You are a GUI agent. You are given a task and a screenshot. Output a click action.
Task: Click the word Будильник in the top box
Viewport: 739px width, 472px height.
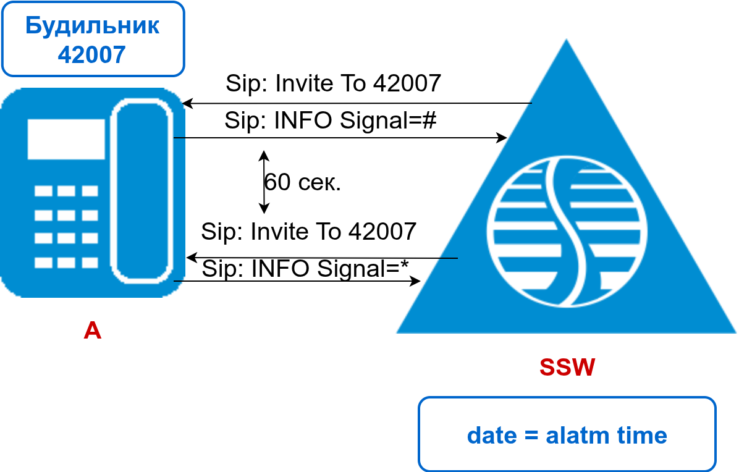coord(92,26)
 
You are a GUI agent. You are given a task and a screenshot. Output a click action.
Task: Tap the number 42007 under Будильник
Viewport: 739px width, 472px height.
coord(92,54)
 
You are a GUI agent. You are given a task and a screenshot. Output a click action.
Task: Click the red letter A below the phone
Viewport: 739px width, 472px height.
coord(92,331)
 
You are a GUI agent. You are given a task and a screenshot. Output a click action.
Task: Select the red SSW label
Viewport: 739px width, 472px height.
coord(567,368)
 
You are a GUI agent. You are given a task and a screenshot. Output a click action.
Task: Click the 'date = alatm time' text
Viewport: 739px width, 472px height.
coord(567,436)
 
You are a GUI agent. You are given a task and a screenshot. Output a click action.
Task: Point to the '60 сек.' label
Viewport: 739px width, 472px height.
coord(303,182)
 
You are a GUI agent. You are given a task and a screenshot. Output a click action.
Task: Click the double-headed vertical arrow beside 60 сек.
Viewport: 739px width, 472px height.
coord(264,182)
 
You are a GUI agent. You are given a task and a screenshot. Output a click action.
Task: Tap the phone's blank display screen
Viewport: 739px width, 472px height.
coord(65,139)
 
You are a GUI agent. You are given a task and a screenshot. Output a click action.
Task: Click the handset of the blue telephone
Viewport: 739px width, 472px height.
coord(141,192)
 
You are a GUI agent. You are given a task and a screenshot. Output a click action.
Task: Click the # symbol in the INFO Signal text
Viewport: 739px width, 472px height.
coord(429,120)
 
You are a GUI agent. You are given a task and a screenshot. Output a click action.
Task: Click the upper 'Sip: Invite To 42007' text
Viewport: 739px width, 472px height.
coord(333,83)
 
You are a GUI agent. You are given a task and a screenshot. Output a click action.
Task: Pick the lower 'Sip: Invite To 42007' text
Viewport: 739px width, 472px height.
coord(308,232)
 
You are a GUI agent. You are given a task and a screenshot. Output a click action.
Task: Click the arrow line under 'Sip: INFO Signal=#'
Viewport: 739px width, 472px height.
coord(340,138)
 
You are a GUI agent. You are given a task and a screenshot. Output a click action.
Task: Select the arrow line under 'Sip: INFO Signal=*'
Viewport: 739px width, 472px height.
coord(297,282)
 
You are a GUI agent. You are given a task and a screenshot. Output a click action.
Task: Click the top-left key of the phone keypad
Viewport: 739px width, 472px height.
coord(43,191)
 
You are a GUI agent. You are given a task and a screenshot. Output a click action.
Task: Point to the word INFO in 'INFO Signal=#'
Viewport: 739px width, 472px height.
coord(296,120)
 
